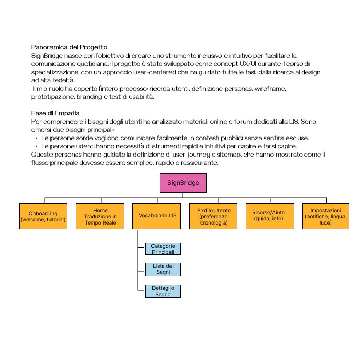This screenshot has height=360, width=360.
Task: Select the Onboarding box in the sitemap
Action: (43, 216)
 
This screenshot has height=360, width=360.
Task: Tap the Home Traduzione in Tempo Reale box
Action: (100, 216)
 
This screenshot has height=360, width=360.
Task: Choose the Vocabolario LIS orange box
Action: (158, 216)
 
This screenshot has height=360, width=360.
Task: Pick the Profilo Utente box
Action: (214, 216)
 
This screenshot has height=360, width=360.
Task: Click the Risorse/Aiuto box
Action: (269, 216)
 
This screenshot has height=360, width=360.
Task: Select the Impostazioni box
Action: (325, 216)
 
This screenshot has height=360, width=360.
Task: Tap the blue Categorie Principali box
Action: (163, 249)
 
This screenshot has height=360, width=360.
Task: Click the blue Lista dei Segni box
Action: (163, 269)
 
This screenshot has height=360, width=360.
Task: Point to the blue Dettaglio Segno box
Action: (163, 292)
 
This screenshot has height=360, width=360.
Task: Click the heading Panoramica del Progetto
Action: (69, 47)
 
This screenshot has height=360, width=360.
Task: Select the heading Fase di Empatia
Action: (55, 113)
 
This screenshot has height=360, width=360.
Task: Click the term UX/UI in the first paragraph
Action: (244, 63)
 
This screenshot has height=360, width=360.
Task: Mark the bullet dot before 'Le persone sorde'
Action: (37, 138)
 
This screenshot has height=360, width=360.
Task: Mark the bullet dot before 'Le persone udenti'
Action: (37, 146)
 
